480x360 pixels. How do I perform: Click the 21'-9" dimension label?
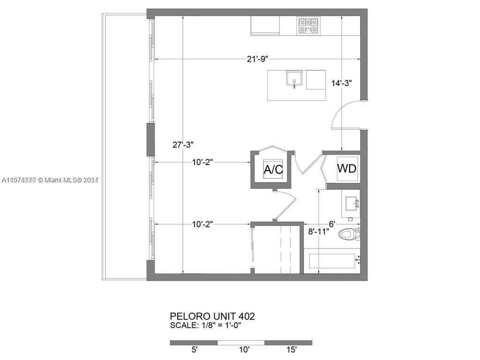tap(256, 59)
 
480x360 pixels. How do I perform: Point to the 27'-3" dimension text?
tap(183, 145)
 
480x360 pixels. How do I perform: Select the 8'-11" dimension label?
tap(318, 231)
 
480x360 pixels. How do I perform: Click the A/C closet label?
tap(273, 170)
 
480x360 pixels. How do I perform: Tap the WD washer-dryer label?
tap(347, 167)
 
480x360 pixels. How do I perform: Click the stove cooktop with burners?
tap(308, 26)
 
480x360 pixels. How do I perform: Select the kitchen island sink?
tap(294, 79)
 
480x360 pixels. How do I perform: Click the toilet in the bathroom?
tap(349, 233)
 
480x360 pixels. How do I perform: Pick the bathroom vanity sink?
tap(351, 203)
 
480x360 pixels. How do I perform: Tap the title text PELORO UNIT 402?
tap(212, 316)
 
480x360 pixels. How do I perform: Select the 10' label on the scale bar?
tap(244, 350)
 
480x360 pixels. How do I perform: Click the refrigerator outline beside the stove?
tap(265, 25)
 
